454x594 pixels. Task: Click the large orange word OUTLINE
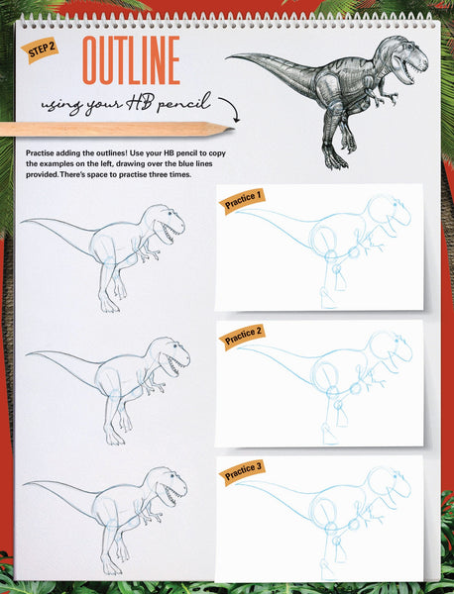(x=131, y=61)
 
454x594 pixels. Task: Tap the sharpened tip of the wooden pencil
(x=227, y=128)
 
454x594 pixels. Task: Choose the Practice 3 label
(x=242, y=470)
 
